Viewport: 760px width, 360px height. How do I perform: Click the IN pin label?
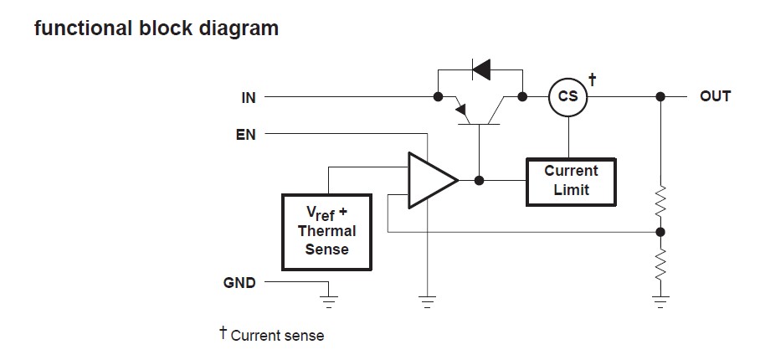coord(248,98)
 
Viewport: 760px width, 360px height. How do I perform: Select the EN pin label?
coord(246,133)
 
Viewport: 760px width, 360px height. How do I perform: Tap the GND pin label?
coord(239,283)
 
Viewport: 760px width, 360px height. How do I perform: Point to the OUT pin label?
coord(715,96)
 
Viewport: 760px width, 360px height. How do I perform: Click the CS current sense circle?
coord(567,97)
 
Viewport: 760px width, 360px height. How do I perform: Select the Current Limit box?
coord(571,180)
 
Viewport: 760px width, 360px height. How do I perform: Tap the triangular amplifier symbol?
coord(429,180)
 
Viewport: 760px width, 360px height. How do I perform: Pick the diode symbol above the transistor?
coord(481,69)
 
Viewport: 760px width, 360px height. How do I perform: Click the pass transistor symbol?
coord(479,111)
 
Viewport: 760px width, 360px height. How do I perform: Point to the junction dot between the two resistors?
coord(660,231)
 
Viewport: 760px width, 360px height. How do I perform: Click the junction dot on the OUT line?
coord(660,97)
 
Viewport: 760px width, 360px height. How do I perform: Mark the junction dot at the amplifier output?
coord(479,180)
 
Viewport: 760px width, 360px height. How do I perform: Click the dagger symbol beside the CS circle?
coord(593,80)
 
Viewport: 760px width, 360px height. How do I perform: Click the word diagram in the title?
coord(239,28)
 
